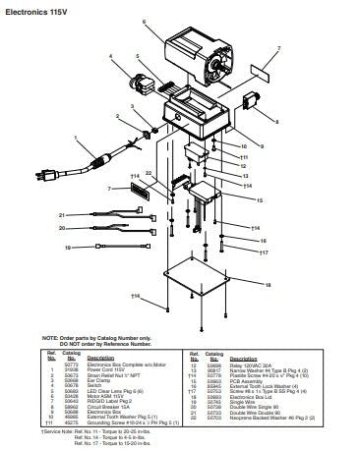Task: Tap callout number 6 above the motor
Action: point(144,21)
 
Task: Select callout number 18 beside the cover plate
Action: point(266,285)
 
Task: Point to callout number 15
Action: point(259,200)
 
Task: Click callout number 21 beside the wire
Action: point(61,213)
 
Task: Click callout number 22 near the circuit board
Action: point(148,174)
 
